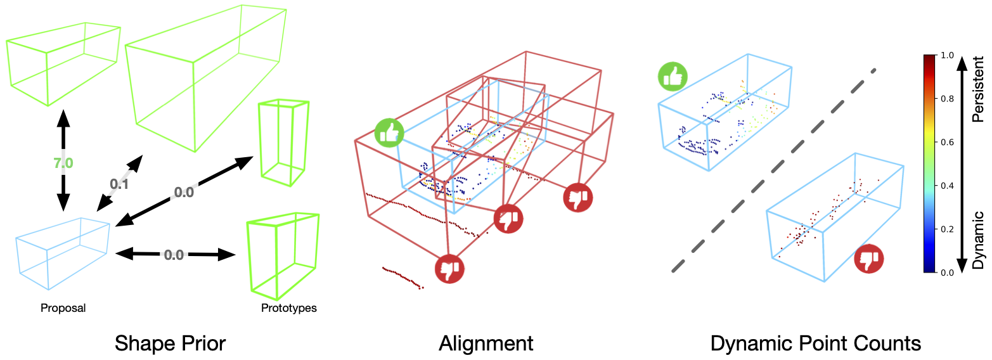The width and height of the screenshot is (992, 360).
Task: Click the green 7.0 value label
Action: point(63,163)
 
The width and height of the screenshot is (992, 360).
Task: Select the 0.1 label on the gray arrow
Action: point(120,184)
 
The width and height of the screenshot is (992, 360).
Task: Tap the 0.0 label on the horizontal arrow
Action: point(174,255)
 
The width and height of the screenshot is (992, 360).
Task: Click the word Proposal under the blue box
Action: point(63,308)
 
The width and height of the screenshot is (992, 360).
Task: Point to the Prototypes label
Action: point(288,308)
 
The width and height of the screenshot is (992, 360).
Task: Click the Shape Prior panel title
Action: point(170,344)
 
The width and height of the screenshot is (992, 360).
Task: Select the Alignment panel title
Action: point(486,344)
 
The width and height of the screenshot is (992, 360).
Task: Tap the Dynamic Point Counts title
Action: point(816,344)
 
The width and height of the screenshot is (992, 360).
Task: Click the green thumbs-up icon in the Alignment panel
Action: point(389,133)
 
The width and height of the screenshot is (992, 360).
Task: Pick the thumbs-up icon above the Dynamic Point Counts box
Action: point(673,77)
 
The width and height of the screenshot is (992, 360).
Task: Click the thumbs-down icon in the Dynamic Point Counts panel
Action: point(869,259)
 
